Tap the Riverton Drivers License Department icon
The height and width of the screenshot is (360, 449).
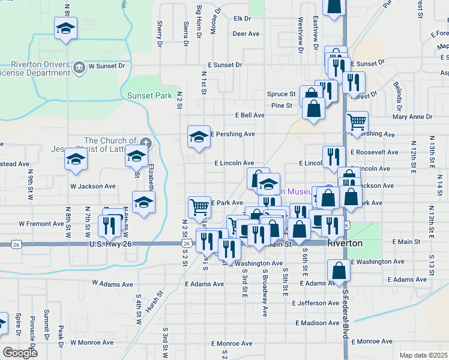pos(79,66)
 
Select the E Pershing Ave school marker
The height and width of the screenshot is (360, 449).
pos(199,137)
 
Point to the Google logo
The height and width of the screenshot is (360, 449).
pos(20,353)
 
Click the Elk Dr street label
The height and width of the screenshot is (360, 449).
pos(241,19)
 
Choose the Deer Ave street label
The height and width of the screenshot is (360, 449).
pos(246,34)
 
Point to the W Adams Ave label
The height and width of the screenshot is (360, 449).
pos(112,281)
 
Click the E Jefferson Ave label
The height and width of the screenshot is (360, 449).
pos(316,304)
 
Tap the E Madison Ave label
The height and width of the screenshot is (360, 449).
pos(318,323)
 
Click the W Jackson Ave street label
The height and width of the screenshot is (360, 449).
pos(92,186)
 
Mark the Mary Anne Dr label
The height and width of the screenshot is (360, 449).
pos(413,117)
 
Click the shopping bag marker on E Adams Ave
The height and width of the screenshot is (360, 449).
pos(339,271)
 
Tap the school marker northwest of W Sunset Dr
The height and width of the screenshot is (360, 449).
pos(65,28)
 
